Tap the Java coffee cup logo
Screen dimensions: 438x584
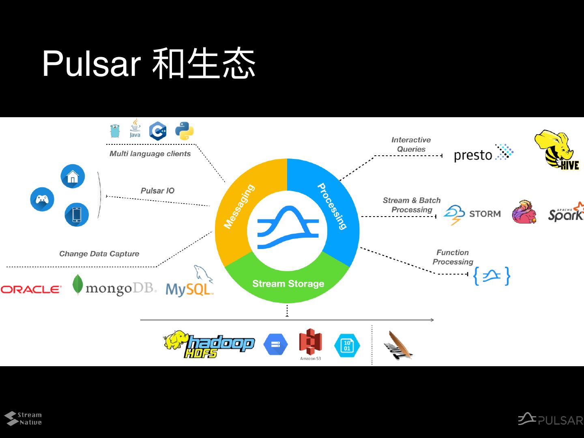[x=135, y=128]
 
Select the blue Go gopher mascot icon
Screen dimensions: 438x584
[x=115, y=131]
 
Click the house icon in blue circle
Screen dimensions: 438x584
[x=73, y=176]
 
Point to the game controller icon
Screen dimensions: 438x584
[x=42, y=199]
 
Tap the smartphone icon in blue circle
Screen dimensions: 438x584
[x=77, y=214]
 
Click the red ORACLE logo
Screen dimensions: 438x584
[x=31, y=289]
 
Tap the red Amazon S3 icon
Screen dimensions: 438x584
[x=310, y=343]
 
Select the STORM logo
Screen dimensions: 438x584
[x=472, y=214]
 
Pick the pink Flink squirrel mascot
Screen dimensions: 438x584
[x=524, y=212]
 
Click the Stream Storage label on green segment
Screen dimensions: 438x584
[x=288, y=283]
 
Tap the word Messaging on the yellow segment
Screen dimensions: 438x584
[x=239, y=206]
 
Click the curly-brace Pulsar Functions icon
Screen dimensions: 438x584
[x=492, y=276]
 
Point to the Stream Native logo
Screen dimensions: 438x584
[x=23, y=419]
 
